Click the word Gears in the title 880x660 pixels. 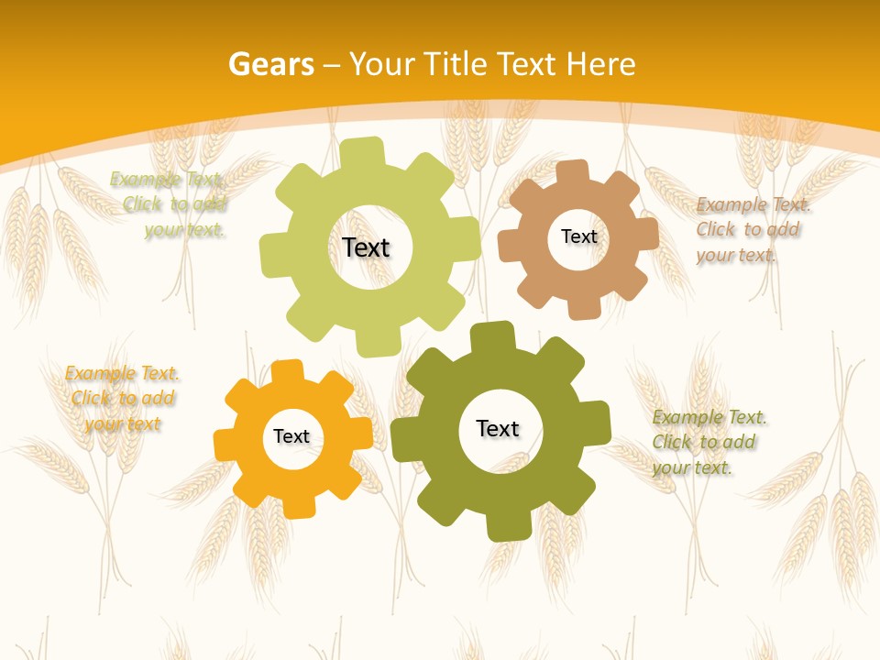[x=270, y=64]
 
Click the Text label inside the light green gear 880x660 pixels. [x=366, y=247]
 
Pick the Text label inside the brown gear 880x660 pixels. [x=578, y=236]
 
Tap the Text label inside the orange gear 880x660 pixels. [x=291, y=437]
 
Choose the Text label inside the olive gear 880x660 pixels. [x=498, y=428]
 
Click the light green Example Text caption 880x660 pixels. [x=170, y=204]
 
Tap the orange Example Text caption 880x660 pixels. [x=122, y=398]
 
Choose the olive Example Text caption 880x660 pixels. [x=708, y=442]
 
